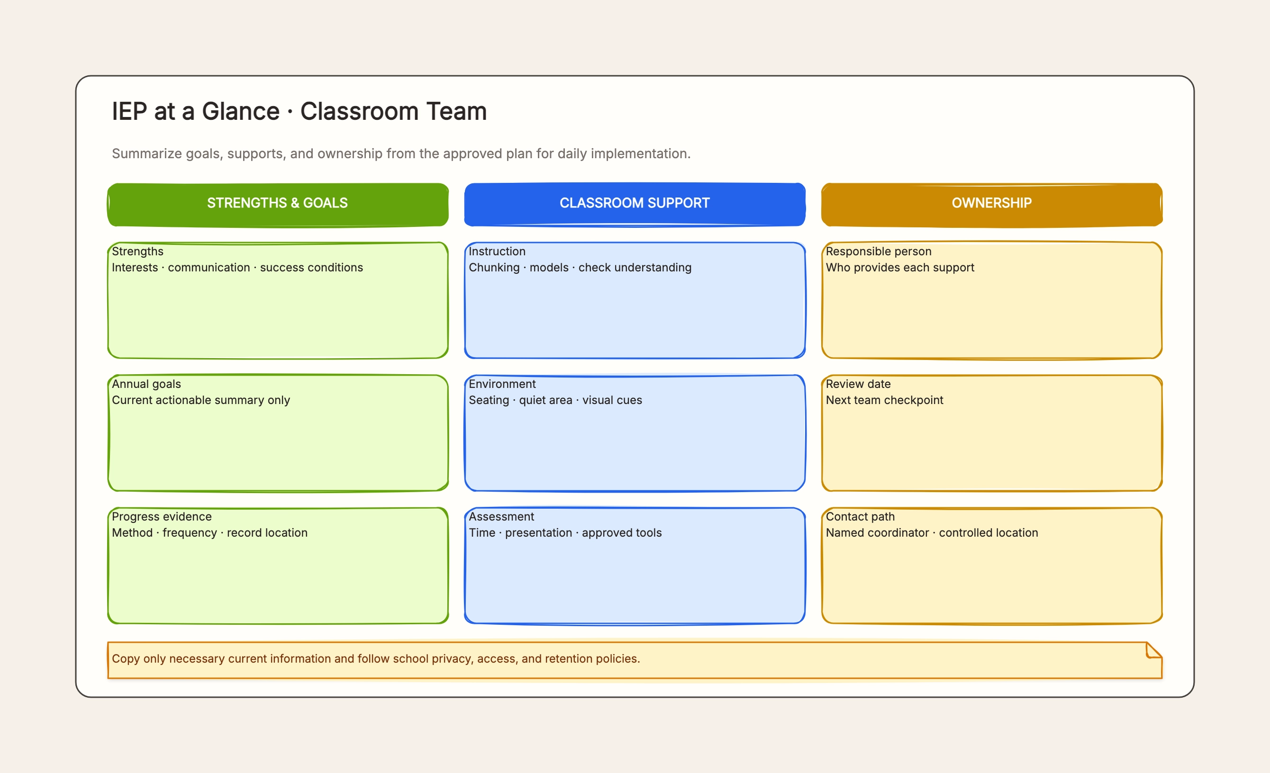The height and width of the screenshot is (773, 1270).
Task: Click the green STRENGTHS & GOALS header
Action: coord(277,205)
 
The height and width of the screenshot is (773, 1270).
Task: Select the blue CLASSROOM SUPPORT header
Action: coord(635,205)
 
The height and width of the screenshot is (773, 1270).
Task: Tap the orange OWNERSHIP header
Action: coord(992,205)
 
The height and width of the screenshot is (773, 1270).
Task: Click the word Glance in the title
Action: coord(240,111)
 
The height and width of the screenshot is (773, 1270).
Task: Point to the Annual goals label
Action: coord(146,384)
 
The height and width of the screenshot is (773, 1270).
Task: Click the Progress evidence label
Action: coord(162,516)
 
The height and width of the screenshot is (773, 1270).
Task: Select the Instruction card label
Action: coord(497,252)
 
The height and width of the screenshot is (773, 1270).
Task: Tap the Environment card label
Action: coord(502,384)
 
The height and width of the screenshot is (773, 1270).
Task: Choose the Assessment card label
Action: coord(501,516)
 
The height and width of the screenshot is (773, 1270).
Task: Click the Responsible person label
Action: coord(878,252)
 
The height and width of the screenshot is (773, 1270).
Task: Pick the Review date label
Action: coord(858,384)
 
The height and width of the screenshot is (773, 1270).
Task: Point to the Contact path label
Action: coord(860,516)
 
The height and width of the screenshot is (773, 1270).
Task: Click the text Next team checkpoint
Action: coord(884,400)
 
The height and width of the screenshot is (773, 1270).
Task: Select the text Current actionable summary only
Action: coord(201,400)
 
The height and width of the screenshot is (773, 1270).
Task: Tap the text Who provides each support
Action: coord(900,268)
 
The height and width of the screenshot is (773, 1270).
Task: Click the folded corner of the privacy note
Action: coord(1153,650)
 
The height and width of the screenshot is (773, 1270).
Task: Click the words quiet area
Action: coord(545,400)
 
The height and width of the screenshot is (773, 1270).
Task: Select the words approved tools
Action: coord(622,533)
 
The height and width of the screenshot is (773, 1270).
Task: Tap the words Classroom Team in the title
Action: coord(393,111)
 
